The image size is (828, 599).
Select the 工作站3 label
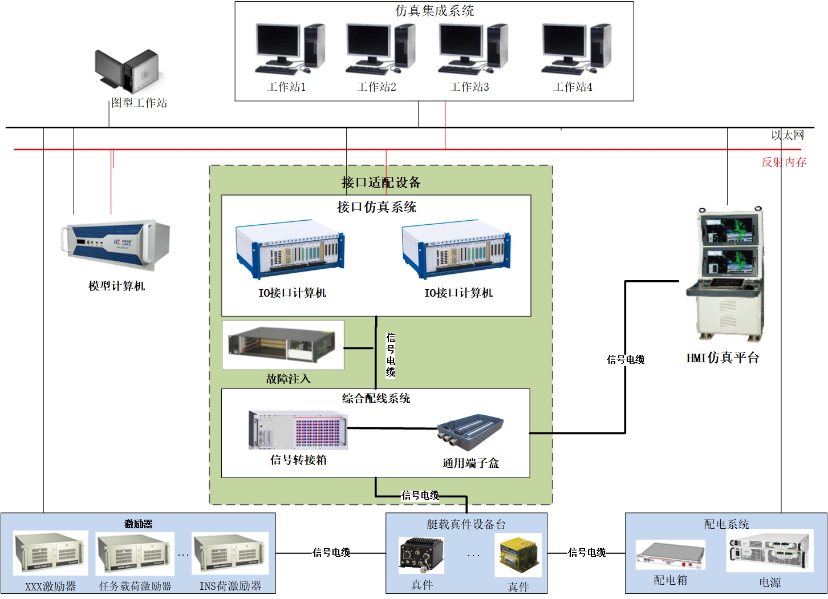[469, 87]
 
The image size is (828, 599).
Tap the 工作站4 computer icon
[576, 49]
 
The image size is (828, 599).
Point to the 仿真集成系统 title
[435, 11]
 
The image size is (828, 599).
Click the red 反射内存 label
[784, 162]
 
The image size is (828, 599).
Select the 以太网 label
[788, 135]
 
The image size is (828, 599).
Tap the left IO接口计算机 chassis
[290, 249]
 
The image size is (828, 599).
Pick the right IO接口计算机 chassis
[456, 249]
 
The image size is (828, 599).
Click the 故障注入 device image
[283, 344]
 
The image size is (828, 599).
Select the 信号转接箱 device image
[298, 430]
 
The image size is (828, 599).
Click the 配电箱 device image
[671, 555]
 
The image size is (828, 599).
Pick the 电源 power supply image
[769, 551]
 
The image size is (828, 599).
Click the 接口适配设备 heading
[381, 183]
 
